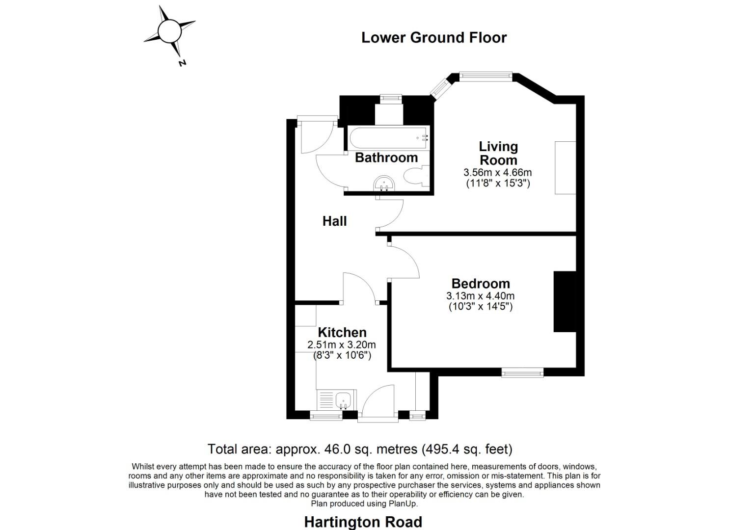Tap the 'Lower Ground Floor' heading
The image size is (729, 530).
coord(433,38)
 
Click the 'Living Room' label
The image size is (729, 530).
coord(498,153)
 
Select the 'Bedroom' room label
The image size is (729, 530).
coord(481,284)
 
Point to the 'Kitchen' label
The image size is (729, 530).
coord(342,332)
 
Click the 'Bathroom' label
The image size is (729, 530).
coord(386,158)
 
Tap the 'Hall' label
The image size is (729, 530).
coord(334,221)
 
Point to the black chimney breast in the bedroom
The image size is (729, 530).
coord(565,301)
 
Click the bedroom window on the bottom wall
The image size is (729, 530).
coord(522,373)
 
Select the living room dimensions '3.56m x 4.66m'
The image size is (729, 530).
coord(497,173)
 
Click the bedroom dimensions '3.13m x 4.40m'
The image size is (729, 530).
coord(480,296)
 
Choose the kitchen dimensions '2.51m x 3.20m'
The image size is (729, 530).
coord(341,344)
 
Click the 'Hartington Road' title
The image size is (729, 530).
coord(363,522)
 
